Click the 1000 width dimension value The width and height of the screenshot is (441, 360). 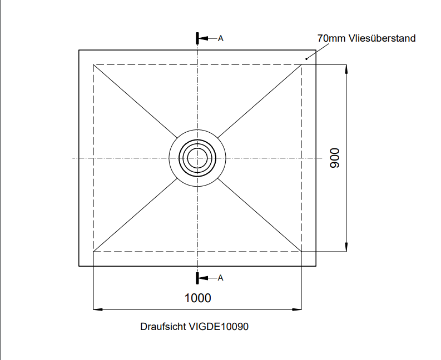(197, 298)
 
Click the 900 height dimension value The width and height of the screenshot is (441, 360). (334, 158)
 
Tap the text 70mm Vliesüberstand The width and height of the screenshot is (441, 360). (366, 38)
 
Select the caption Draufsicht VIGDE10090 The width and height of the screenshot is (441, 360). (194, 327)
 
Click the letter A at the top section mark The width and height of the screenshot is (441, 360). (221, 38)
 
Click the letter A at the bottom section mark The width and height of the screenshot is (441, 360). (221, 278)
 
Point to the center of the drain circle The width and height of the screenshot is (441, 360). (197, 158)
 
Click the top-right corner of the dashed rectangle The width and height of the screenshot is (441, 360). (301, 65)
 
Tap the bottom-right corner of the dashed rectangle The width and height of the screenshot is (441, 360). (301, 252)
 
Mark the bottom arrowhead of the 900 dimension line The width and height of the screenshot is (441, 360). (346, 248)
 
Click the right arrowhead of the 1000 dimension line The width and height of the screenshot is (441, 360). (298, 309)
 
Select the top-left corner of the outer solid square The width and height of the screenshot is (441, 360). (79, 51)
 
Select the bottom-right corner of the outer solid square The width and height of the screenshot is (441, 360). (316, 266)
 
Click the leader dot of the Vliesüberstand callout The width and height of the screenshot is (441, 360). (306, 58)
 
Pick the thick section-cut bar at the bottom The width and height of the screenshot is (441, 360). (197, 278)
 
